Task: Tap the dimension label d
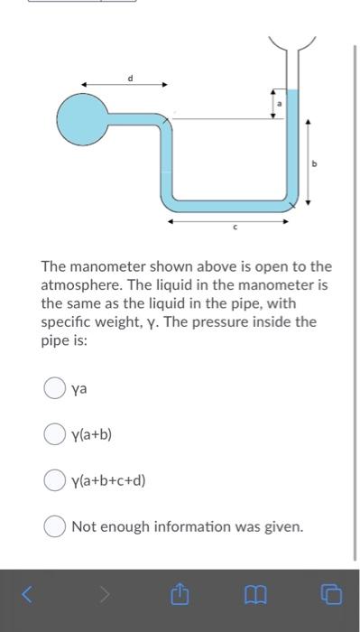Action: click(128, 79)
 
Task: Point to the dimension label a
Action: click(280, 104)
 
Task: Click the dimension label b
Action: click(315, 163)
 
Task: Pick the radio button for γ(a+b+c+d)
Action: click(53, 479)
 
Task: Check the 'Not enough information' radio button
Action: click(53, 525)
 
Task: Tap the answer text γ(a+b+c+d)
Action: click(108, 479)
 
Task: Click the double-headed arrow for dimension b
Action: click(308, 163)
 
